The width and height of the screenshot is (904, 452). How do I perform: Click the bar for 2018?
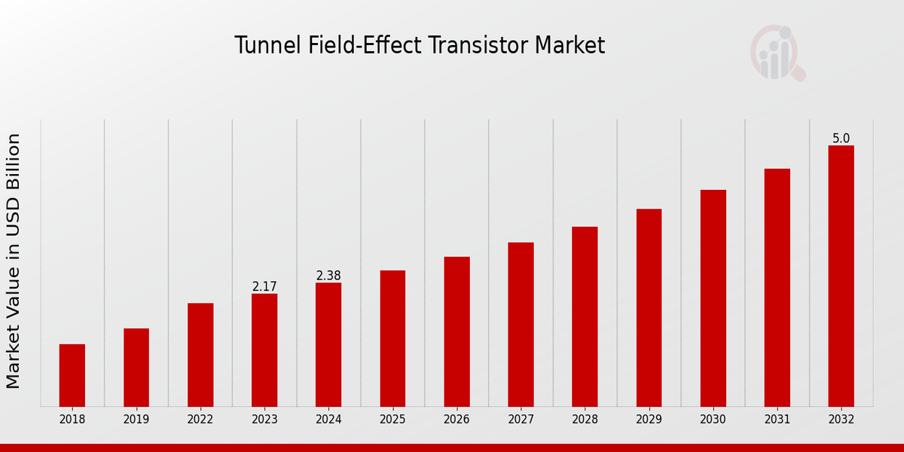(72, 375)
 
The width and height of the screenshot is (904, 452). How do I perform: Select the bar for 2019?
(136, 368)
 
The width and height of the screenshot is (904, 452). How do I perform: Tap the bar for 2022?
(200, 355)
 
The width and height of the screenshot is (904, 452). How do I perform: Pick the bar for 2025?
(392, 338)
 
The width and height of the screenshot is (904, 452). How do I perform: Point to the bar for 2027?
(521, 325)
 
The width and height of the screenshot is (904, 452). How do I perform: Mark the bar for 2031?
(777, 288)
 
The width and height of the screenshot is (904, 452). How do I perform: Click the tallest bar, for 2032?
(841, 276)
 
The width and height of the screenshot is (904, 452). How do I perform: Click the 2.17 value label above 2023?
(264, 287)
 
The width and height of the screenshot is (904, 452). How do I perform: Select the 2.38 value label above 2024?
(328, 276)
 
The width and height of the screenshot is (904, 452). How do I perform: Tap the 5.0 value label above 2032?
(841, 139)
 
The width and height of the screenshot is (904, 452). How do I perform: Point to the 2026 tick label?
(457, 420)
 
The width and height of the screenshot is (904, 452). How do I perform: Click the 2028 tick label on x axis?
(585, 420)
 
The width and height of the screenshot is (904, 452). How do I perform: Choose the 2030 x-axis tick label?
(713, 420)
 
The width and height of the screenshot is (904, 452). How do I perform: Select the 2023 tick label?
(264, 420)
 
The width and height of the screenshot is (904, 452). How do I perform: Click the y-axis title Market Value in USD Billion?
(14, 261)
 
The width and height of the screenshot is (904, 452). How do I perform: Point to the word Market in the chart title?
(570, 46)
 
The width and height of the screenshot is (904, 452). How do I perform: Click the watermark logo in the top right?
(777, 53)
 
